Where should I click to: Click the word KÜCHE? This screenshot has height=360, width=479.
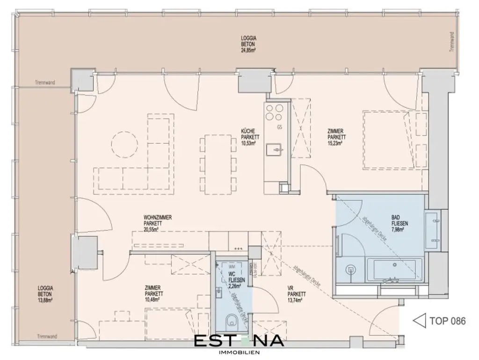247,132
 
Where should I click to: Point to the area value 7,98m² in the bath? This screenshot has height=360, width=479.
399,229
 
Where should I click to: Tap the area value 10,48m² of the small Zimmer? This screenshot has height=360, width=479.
153,300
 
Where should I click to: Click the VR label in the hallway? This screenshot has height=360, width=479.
290,288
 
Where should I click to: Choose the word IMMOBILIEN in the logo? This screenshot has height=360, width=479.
239,352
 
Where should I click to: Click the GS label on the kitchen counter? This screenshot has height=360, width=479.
280,127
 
